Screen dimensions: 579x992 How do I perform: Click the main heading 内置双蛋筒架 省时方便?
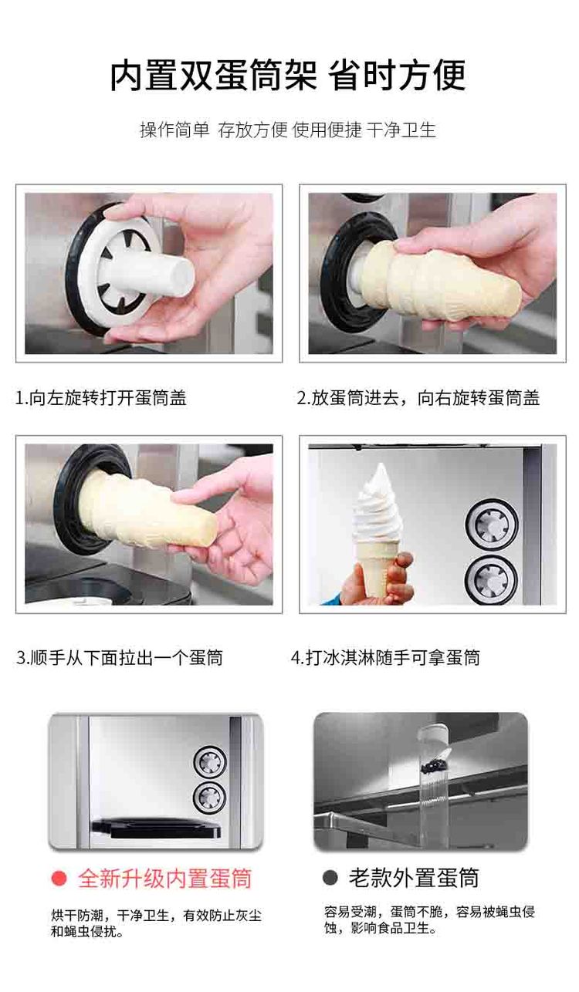click(288, 76)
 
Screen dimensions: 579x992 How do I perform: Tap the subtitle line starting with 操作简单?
click(288, 130)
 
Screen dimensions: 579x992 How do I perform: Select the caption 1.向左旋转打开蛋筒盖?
click(101, 398)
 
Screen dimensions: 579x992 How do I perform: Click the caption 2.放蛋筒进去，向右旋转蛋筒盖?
click(418, 398)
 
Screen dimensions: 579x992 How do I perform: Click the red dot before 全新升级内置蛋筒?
click(59, 878)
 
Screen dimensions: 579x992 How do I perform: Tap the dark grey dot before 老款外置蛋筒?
click(330, 877)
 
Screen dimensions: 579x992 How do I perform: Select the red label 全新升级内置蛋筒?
click(165, 878)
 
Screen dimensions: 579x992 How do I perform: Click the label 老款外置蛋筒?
click(414, 877)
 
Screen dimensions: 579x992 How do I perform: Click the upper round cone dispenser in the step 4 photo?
click(492, 525)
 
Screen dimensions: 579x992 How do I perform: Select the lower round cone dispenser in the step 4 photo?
click(491, 580)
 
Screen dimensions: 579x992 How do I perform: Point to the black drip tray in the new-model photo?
click(156, 827)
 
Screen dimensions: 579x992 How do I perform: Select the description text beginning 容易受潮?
click(429, 919)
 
